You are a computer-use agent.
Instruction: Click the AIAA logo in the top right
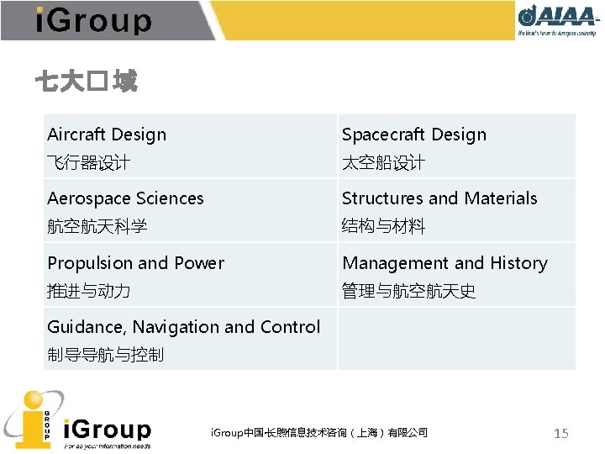pos(557,20)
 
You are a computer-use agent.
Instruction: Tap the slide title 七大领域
pos(86,82)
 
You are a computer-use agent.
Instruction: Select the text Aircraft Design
pos(107,135)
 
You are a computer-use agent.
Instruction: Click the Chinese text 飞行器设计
pos(88,162)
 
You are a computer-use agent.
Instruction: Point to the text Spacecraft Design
pos(413,135)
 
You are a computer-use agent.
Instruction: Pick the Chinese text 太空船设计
pos(383,162)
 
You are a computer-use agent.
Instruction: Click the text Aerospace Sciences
pos(125,198)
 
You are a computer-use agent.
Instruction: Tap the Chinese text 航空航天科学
pos(97,226)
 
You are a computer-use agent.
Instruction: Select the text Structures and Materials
pos(439,198)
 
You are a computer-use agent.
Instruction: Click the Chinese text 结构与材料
pos(383,226)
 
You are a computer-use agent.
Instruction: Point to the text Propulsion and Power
pos(135,263)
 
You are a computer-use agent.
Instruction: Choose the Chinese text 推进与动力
pos(88,291)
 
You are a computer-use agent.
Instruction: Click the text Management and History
pos(445,263)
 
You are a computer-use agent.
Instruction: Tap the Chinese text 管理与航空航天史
pos(408,291)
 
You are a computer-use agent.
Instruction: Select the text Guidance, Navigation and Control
pos(183,327)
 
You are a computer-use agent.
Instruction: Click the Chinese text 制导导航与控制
pos(105,355)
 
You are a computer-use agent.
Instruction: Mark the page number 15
pos(560,433)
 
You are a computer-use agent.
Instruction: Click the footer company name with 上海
pos(318,432)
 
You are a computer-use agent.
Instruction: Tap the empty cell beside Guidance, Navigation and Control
pos(456,339)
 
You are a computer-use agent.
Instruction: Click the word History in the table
pos(518,263)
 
